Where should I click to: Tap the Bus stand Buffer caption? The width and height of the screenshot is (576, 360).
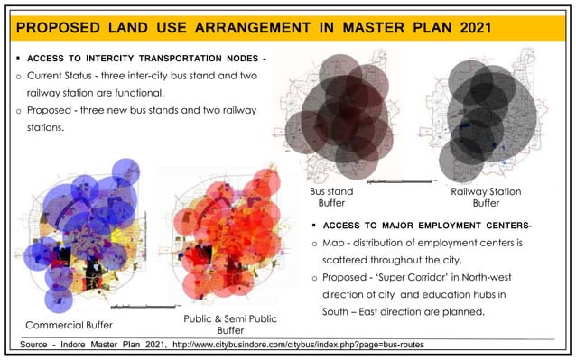tap(331, 198)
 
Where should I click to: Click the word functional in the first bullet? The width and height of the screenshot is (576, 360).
tap(164, 92)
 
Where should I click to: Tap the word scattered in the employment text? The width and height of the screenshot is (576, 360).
tap(356, 260)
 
